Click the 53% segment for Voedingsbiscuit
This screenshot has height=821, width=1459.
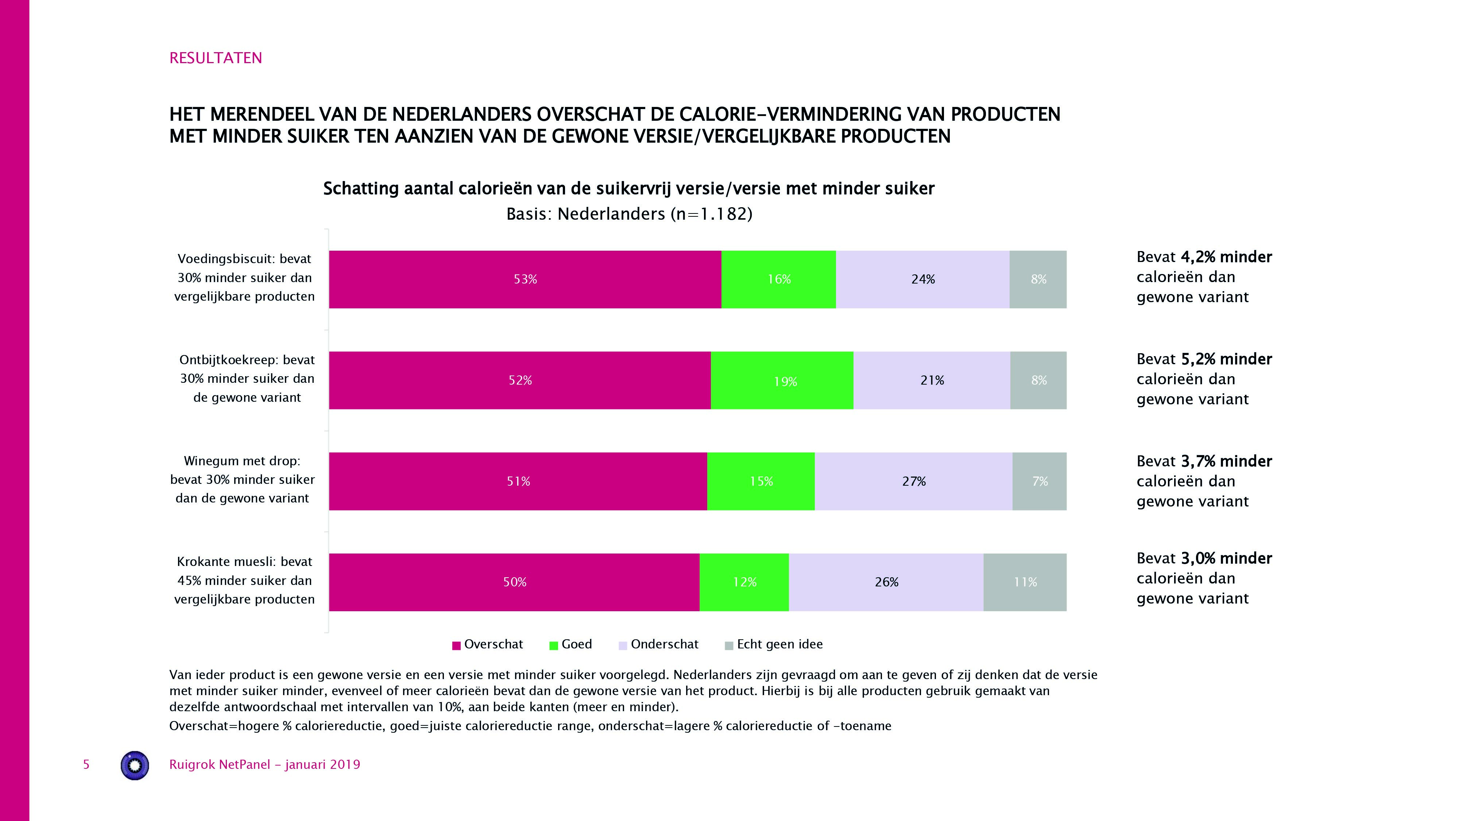[525, 280]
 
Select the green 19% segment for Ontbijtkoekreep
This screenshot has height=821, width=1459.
[782, 381]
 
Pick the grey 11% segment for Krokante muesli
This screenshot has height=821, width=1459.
[1025, 582]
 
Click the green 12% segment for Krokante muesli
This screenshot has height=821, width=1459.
[744, 582]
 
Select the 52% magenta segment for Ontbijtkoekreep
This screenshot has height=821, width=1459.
[519, 381]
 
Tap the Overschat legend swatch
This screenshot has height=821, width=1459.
[456, 645]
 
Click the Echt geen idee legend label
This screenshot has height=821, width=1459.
[779, 644]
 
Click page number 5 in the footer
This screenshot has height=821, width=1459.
[86, 765]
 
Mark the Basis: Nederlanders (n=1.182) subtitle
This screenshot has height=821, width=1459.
[629, 214]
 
